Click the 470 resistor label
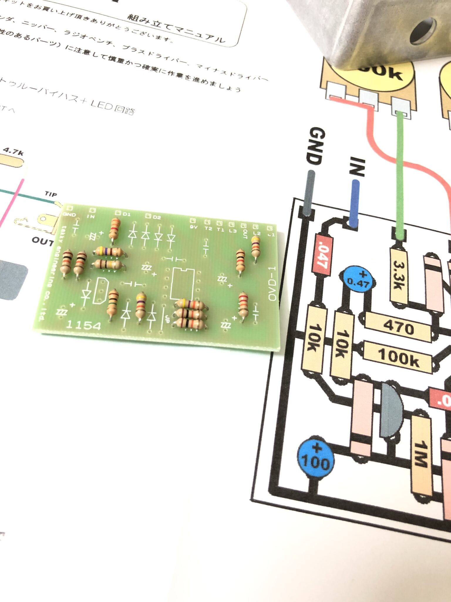[398, 327]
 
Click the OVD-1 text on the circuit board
[273, 283]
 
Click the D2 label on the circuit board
[157, 218]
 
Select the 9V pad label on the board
[194, 227]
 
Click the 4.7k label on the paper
[13, 152]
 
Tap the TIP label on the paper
[51, 194]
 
